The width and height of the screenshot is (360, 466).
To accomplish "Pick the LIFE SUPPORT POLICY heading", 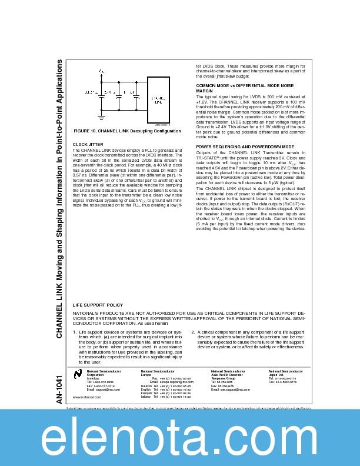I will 98,305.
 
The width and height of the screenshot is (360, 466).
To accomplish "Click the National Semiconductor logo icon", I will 78,375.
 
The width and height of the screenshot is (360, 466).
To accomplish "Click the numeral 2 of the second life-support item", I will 192,332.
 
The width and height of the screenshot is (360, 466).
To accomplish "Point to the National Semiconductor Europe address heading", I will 158,372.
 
